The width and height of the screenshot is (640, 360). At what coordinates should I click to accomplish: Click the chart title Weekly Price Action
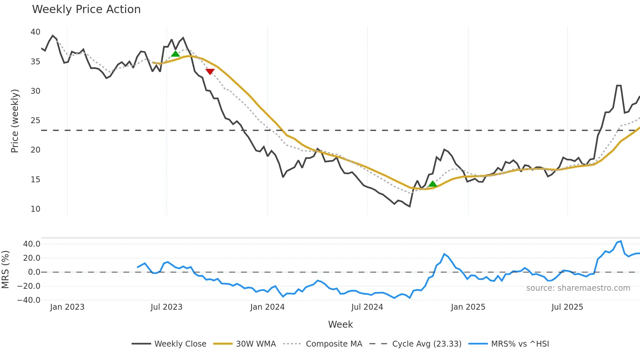(86, 9)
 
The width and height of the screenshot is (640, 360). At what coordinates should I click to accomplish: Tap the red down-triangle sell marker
(210, 72)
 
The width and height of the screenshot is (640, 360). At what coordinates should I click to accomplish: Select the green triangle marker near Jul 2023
(175, 54)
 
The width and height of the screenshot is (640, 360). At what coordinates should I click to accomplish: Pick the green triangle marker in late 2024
(433, 184)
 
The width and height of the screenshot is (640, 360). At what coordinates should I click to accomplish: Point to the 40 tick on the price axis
(35, 32)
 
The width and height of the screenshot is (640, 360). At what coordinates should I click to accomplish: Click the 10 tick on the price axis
(35, 209)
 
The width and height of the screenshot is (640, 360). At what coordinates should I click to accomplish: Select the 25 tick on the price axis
(35, 121)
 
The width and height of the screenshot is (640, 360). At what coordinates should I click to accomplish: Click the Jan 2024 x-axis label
(267, 307)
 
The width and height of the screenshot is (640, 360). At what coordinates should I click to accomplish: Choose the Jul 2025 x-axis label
(567, 307)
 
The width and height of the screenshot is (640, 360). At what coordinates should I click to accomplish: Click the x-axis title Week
(340, 324)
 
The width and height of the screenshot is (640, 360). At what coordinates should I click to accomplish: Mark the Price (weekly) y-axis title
(15, 121)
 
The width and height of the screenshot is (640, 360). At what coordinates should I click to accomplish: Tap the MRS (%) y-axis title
(5, 270)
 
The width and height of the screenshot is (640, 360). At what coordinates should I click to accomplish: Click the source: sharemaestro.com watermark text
(578, 288)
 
